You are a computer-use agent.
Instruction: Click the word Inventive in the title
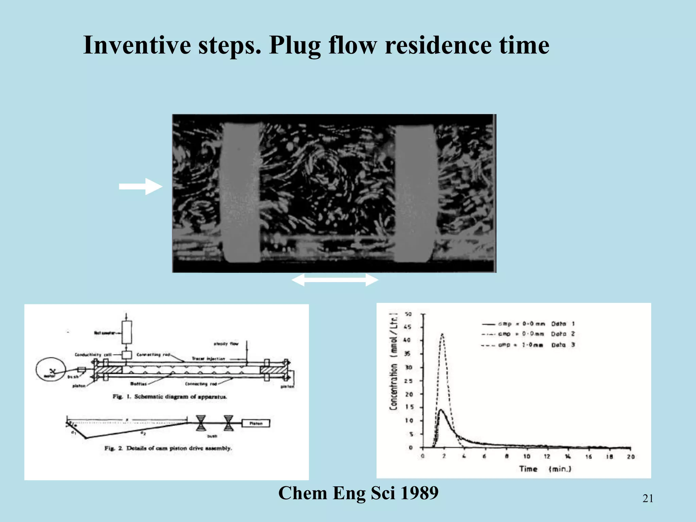(x=137, y=45)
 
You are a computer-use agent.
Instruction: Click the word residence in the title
(x=438, y=45)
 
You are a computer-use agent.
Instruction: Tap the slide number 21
(x=648, y=499)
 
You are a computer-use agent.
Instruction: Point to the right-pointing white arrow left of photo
(x=140, y=186)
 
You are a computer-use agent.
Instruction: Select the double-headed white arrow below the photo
(x=335, y=280)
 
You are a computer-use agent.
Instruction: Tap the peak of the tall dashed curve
(x=442, y=334)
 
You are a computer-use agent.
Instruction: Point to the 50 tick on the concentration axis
(x=408, y=314)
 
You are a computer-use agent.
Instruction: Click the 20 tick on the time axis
(x=630, y=456)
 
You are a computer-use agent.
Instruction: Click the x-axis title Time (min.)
(x=545, y=469)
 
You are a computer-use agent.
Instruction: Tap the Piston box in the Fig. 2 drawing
(x=256, y=423)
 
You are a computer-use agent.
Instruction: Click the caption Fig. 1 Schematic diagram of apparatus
(x=170, y=397)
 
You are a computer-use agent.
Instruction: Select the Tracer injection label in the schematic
(x=208, y=359)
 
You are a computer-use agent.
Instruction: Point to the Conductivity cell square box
(x=127, y=355)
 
